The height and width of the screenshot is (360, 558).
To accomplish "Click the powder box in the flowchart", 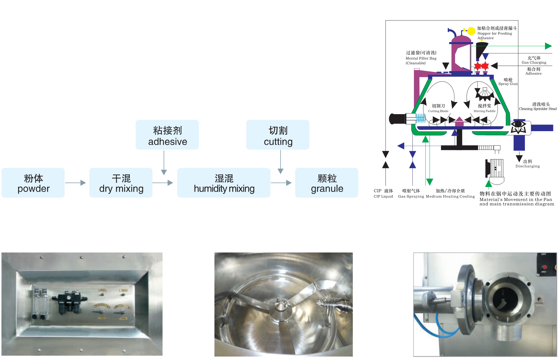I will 33,183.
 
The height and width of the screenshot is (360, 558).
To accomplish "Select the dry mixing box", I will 121,183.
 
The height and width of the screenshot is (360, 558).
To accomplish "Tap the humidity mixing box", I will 224,183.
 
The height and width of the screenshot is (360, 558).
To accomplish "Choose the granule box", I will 327,183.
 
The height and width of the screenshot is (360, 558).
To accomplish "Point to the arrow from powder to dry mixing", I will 76,183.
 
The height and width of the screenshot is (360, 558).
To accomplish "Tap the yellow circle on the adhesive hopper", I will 471,31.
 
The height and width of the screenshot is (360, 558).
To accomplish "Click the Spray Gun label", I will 508,82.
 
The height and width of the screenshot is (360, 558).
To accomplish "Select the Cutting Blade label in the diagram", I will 438,108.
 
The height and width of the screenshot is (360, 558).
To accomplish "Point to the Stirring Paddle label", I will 485,108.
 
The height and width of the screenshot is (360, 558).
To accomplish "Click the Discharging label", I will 527,164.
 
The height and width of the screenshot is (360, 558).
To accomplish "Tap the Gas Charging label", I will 534,60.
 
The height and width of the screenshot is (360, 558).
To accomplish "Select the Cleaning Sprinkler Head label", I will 538,106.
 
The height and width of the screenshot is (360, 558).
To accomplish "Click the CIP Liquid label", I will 383,193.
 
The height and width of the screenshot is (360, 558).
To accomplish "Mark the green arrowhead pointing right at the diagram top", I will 548,46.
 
